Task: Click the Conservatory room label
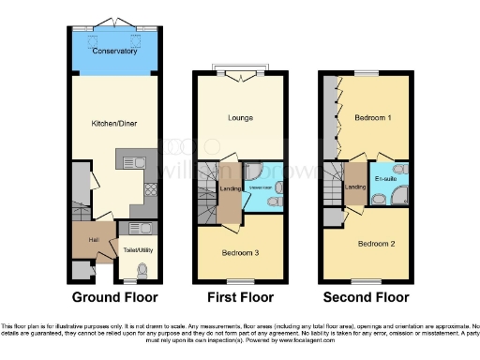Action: point(114,52)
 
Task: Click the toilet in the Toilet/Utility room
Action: point(142,270)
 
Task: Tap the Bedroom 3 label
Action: point(240,253)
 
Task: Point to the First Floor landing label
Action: point(230,189)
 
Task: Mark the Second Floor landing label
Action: point(355,187)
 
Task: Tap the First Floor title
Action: point(240,298)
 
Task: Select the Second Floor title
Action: point(367,298)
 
